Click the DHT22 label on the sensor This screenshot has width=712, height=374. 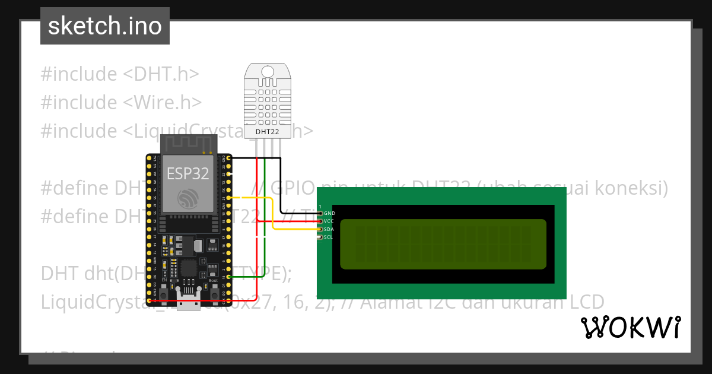pos(267,132)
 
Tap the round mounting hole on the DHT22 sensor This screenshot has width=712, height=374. pos(267,72)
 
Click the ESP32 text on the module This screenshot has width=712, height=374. pos(187,173)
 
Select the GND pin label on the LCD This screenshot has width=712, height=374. pos(329,213)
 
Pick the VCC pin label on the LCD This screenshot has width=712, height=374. pos(329,221)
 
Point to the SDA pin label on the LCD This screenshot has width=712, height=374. pos(329,229)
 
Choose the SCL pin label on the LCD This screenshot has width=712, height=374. pos(329,237)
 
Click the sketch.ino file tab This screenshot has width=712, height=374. pos(105,26)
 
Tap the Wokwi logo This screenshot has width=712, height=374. pos(630,327)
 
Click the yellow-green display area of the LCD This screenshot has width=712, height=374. pos(443,244)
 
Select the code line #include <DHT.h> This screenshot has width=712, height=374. pos(120,74)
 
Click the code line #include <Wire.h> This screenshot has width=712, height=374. pos(122,102)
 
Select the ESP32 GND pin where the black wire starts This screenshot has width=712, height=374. pos(224,159)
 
